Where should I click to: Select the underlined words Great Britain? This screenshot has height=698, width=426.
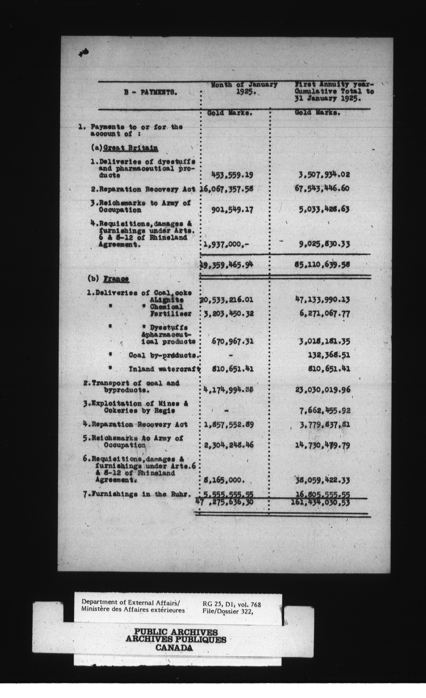point(131,148)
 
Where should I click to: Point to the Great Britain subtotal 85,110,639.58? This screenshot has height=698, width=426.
point(322,265)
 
